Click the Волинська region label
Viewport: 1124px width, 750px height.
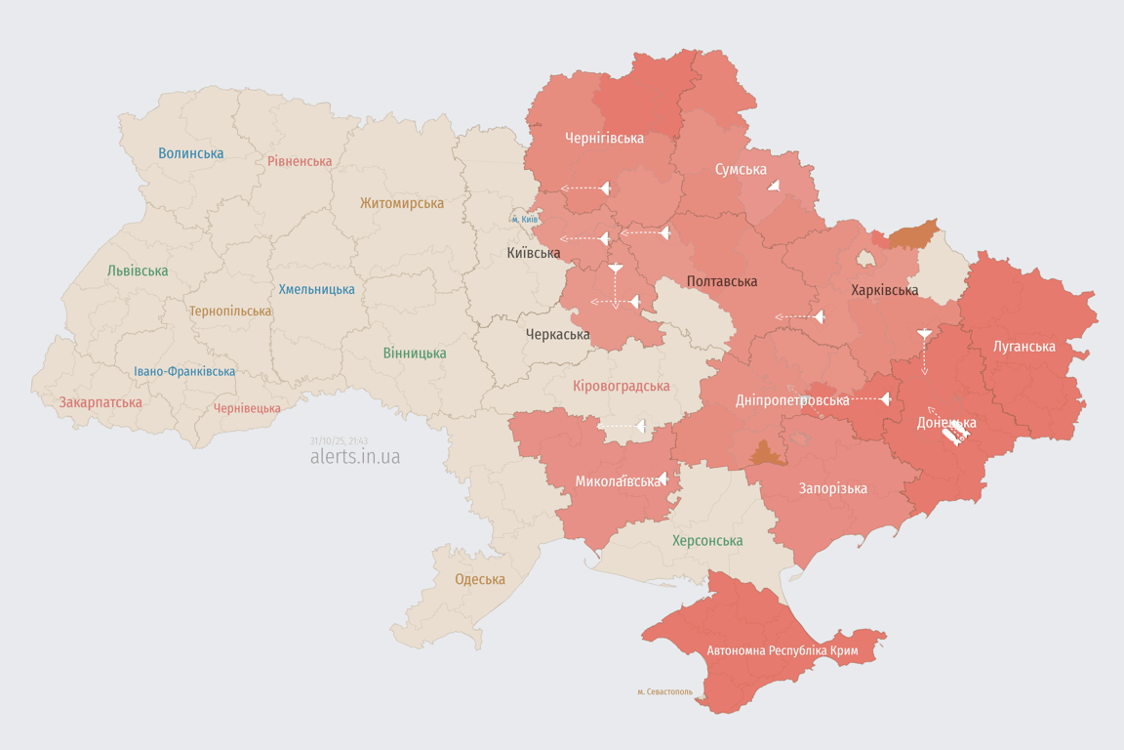[x=191, y=153]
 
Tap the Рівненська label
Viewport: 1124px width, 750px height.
[x=300, y=161]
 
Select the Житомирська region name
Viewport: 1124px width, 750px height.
[x=401, y=203]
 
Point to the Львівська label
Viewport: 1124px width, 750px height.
[x=138, y=271]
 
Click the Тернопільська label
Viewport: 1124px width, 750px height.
[x=230, y=311]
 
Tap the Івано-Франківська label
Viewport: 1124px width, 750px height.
[x=184, y=371]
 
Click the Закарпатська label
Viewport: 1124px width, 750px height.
[x=100, y=402]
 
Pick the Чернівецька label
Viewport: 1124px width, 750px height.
[x=247, y=408]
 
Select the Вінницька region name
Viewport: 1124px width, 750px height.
[x=415, y=353]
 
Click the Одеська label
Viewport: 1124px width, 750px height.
[x=480, y=579]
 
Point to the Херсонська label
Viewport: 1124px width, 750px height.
[x=707, y=540]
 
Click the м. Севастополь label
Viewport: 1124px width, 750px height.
[x=664, y=691]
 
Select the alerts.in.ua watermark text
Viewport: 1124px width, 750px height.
[x=354, y=456]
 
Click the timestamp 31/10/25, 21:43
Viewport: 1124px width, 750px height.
[x=339, y=440]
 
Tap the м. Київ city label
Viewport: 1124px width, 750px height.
[x=525, y=219]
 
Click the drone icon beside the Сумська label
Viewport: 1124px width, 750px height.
[x=774, y=185]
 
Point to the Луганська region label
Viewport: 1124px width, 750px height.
[x=1024, y=346]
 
